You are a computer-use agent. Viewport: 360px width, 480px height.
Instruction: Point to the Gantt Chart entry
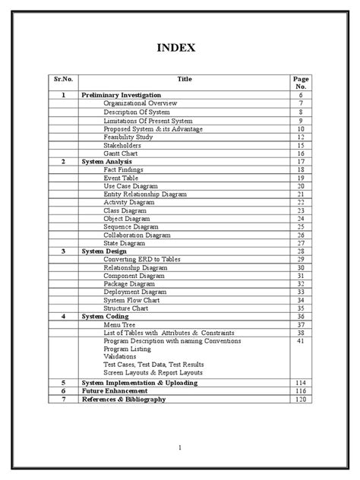coord(121,153)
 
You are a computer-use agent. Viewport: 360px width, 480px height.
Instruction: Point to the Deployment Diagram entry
coord(137,292)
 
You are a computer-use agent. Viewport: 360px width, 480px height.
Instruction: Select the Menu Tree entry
coord(121,324)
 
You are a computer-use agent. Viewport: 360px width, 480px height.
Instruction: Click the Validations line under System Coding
coord(122,357)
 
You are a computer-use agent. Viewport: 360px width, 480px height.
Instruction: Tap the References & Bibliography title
coord(123,398)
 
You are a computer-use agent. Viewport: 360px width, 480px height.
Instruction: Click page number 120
coord(301,398)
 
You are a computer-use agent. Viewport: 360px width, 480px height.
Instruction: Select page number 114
coord(301,382)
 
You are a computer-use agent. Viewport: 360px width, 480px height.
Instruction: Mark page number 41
coord(301,341)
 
